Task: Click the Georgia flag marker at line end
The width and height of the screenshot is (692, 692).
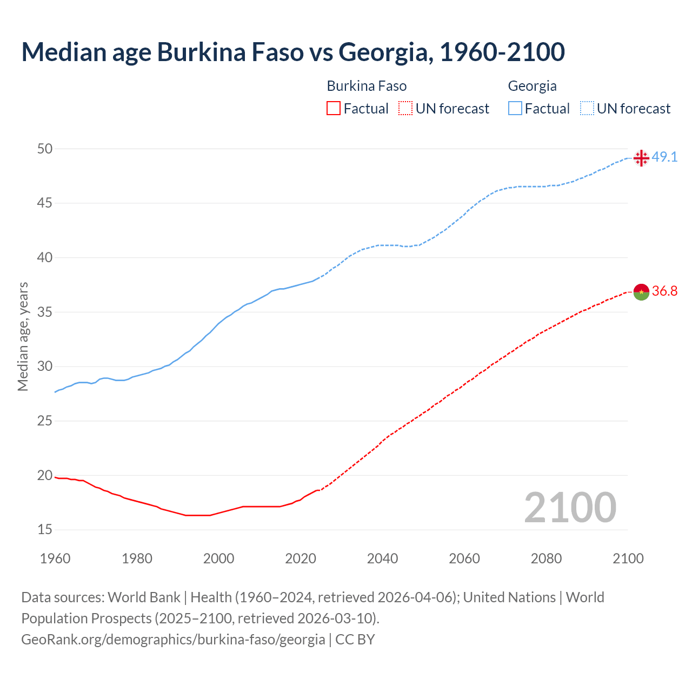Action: click(641, 158)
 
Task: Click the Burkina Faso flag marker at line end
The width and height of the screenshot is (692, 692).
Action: click(641, 292)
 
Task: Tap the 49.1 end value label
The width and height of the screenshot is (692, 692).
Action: click(664, 157)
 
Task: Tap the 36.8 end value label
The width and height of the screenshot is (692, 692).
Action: click(664, 291)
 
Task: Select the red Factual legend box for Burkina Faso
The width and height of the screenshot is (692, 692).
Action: click(334, 109)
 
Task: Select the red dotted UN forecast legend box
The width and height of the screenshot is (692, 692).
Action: click(405, 109)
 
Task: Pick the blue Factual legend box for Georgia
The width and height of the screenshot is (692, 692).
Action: click(515, 109)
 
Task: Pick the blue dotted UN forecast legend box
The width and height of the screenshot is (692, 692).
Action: click(587, 109)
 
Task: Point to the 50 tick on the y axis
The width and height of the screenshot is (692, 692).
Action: click(45, 149)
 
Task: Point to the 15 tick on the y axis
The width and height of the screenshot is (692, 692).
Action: click(45, 530)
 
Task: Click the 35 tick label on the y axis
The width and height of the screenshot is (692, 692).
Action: click(45, 312)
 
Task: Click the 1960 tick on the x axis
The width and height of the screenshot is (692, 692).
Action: click(55, 558)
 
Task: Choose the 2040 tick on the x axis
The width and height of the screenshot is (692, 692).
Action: click(382, 558)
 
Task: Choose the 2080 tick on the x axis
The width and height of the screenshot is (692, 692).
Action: click(546, 558)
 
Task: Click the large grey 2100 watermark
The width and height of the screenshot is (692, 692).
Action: click(570, 507)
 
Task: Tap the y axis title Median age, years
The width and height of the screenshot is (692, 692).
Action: click(23, 336)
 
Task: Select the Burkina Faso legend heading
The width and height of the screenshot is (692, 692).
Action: click(367, 86)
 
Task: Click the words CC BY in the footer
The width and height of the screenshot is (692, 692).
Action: click(355, 640)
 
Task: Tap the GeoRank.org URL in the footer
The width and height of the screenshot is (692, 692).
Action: click(173, 640)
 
